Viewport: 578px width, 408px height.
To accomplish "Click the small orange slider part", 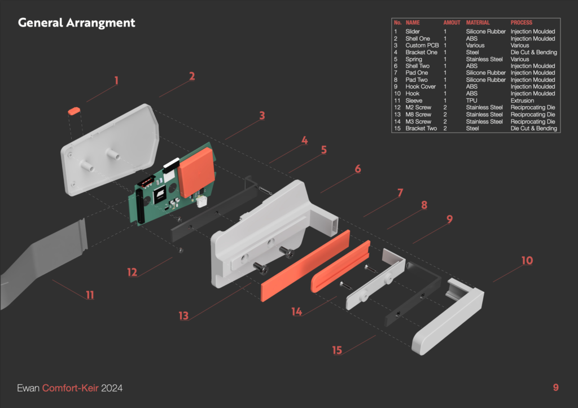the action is pyautogui.click(x=74, y=111).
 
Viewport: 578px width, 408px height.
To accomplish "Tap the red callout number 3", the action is pyautogui.click(x=262, y=116).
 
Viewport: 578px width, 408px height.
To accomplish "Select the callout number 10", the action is pyautogui.click(x=527, y=261).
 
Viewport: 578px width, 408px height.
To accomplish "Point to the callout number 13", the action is pyautogui.click(x=183, y=316).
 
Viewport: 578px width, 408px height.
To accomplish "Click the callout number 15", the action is pyautogui.click(x=337, y=350).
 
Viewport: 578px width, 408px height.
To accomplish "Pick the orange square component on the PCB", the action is pyautogui.click(x=196, y=172).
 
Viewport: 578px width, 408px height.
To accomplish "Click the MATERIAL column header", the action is pyautogui.click(x=478, y=23).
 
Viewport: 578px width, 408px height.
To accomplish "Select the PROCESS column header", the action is pyautogui.click(x=521, y=23).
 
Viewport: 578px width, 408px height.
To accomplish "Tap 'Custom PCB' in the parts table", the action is pyautogui.click(x=422, y=45).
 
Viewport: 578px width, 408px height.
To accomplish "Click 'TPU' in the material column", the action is pyautogui.click(x=471, y=100).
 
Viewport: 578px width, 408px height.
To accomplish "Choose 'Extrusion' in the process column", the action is pyautogui.click(x=522, y=100).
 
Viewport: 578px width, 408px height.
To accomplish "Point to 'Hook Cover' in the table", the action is pyautogui.click(x=421, y=86).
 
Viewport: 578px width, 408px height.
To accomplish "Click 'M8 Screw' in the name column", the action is pyautogui.click(x=418, y=115).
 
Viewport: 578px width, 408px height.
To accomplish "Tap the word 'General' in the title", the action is pyautogui.click(x=41, y=23).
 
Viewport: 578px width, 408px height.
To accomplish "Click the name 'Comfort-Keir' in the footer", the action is pyautogui.click(x=70, y=388).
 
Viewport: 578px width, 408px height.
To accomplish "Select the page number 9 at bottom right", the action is pyautogui.click(x=556, y=387).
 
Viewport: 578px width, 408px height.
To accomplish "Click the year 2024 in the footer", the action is pyautogui.click(x=112, y=388).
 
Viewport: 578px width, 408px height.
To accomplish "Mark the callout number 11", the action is pyautogui.click(x=90, y=295).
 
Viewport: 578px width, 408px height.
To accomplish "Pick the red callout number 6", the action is pyautogui.click(x=357, y=169).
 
